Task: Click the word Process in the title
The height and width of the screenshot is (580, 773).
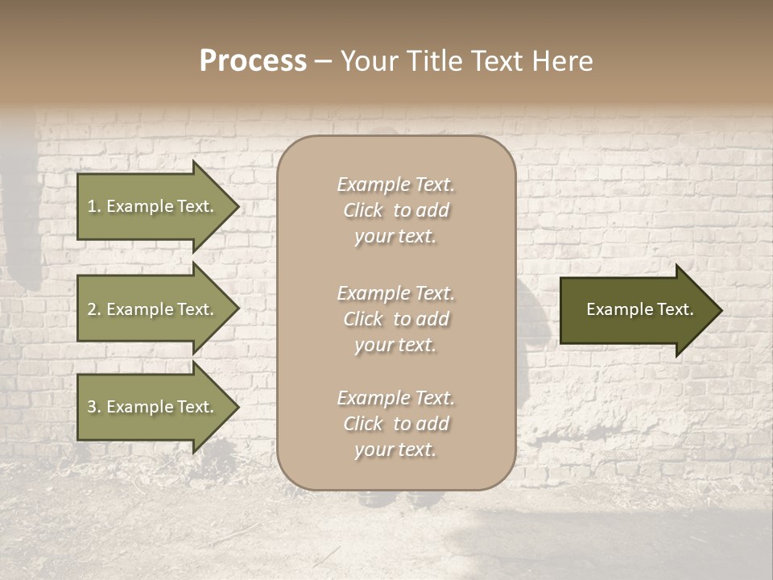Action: tap(253, 61)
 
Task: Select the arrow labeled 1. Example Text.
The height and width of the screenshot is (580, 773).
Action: tap(153, 206)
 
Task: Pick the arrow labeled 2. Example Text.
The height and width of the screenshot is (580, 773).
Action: tap(153, 309)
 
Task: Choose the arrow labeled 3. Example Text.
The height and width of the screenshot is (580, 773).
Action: tap(153, 407)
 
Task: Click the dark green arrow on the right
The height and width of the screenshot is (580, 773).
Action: tap(636, 310)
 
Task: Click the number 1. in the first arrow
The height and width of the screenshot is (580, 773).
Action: tap(94, 206)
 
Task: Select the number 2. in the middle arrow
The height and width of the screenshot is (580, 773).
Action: tap(94, 309)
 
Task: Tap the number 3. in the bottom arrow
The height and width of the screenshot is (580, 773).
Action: tap(94, 407)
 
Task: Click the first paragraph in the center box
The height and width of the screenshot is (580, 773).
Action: tap(395, 210)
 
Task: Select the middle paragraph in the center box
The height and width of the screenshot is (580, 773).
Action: tap(395, 319)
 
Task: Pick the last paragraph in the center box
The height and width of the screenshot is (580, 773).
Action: tap(395, 424)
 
